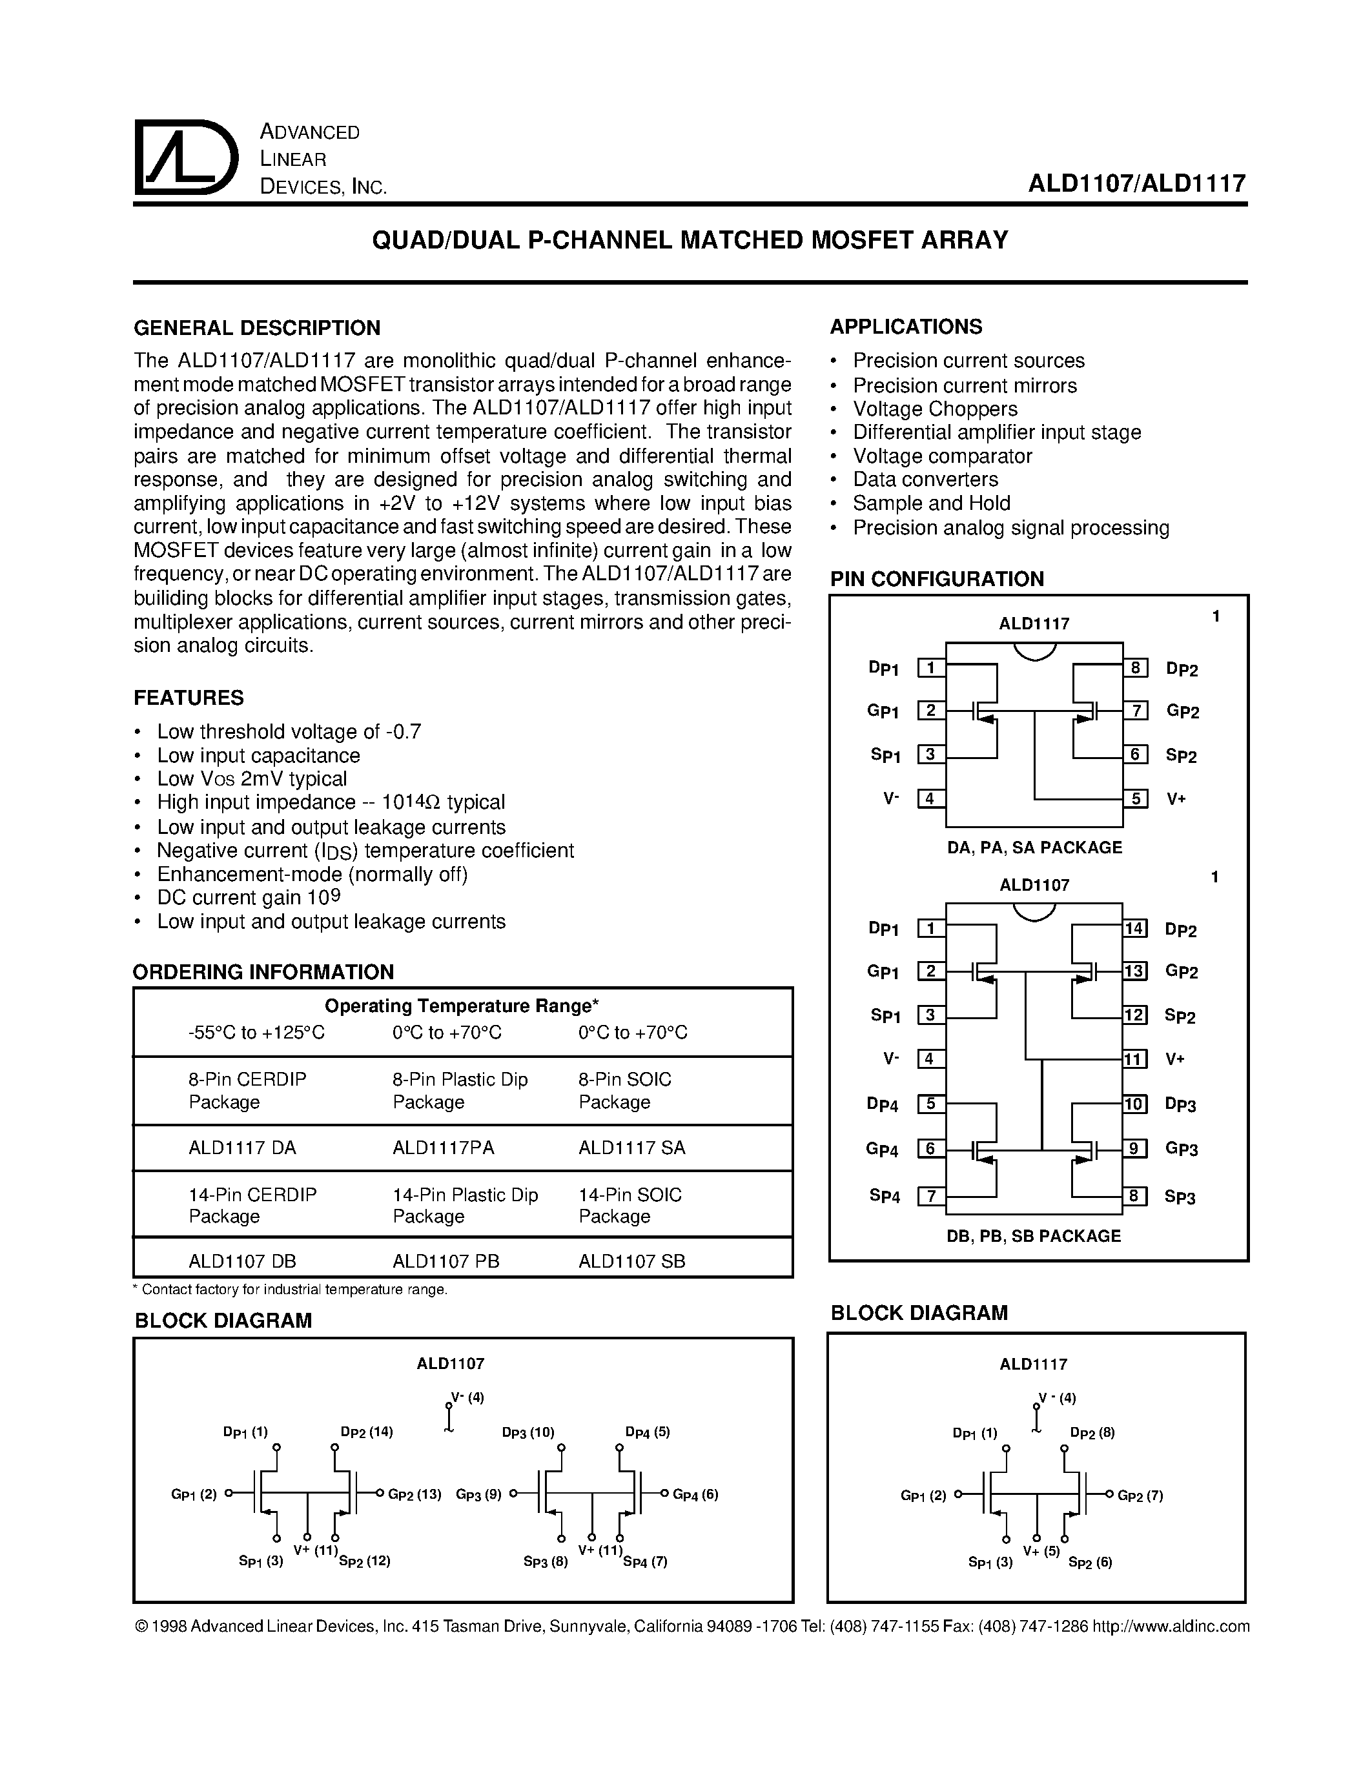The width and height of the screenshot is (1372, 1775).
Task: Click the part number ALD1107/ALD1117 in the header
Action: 1136,183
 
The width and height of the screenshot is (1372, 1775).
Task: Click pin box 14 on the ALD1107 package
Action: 1134,928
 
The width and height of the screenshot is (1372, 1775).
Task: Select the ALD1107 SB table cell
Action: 631,1261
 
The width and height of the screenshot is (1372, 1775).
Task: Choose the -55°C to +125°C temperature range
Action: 256,1032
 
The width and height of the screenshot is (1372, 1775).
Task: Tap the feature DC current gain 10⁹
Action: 249,897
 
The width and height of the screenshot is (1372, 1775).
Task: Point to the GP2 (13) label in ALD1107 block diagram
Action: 415,1494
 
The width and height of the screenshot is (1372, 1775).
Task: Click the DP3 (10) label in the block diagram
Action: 528,1432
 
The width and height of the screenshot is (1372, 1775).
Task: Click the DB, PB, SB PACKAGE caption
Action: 1033,1236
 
